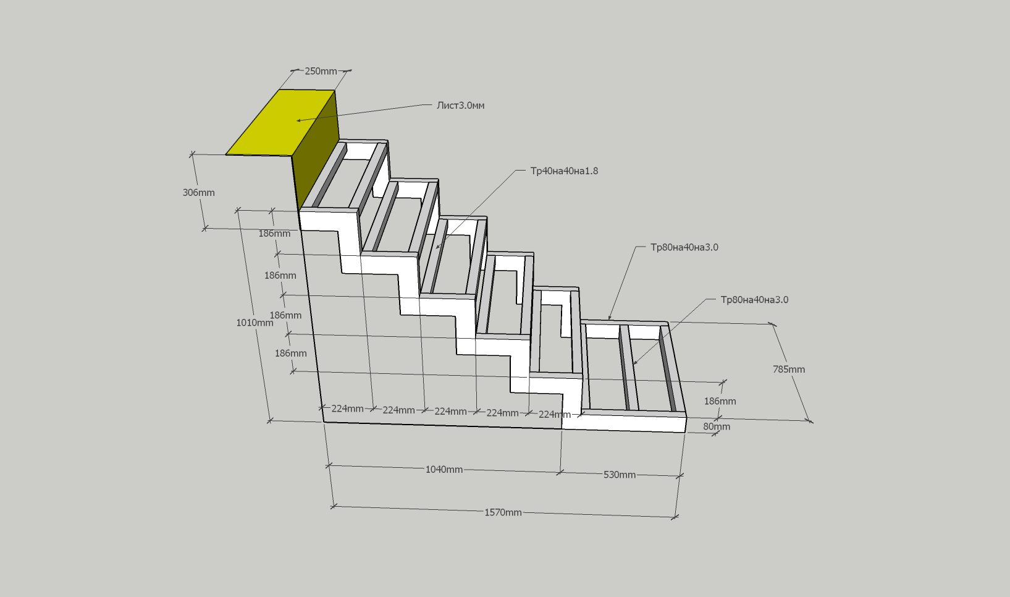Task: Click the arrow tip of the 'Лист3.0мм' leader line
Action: pos(297,121)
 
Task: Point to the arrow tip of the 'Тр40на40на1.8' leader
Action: pos(436,248)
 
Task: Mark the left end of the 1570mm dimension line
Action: pos(333,507)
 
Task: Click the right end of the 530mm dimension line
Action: pos(680,476)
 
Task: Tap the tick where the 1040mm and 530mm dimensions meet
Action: pos(560,472)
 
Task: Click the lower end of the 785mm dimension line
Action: pos(810,421)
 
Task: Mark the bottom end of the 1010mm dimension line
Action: pos(269,421)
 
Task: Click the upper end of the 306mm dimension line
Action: pos(192,155)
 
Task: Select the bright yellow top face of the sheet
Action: pos(280,122)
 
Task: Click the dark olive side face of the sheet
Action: pos(316,151)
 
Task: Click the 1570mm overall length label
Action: pos(503,512)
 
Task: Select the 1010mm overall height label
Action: pos(255,323)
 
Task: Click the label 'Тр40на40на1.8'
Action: pos(564,171)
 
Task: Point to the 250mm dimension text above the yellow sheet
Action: pos(321,71)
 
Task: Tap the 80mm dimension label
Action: pos(717,426)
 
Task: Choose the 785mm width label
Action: pos(789,369)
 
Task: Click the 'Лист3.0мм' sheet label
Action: pos(460,106)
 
